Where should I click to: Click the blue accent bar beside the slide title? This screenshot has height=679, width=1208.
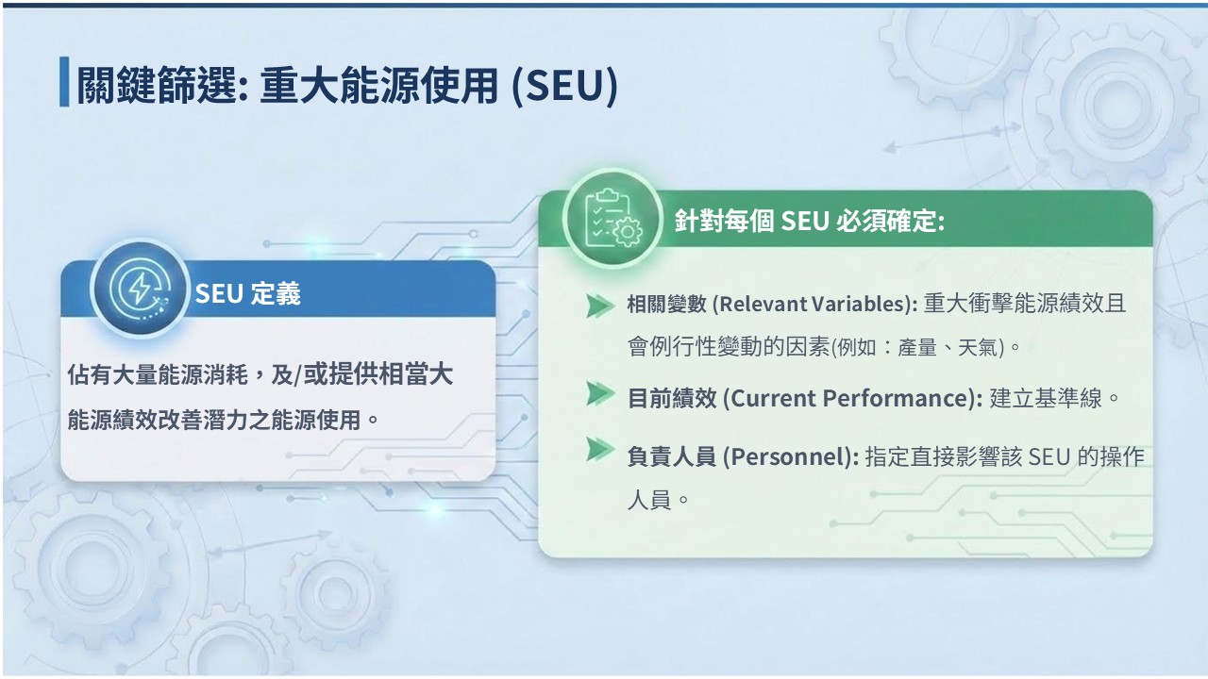click(x=64, y=81)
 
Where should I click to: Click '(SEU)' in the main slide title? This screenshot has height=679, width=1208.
click(x=564, y=86)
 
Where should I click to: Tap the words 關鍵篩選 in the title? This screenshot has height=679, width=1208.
click(x=157, y=86)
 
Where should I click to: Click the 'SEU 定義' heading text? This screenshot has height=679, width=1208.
click(x=247, y=293)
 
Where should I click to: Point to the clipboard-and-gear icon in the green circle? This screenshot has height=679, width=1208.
click(x=612, y=218)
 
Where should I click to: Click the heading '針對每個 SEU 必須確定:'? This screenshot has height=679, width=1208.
click(x=810, y=221)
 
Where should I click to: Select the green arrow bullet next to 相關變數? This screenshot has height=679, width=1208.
click(x=599, y=306)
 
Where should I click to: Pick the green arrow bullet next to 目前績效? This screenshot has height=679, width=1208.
click(x=599, y=393)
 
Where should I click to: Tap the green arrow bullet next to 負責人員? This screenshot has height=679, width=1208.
click(x=599, y=450)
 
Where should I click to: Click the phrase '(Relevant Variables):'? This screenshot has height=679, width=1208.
click(x=814, y=305)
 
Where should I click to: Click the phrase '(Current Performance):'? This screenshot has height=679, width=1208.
click(x=852, y=399)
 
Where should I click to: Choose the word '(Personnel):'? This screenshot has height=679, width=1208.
click(x=791, y=457)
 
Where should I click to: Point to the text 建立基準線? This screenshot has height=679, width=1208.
click(x=1045, y=399)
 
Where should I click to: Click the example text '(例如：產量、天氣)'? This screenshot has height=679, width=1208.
click(x=918, y=348)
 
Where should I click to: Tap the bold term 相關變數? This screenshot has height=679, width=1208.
click(x=666, y=305)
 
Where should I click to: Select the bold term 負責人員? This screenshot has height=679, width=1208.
click(x=671, y=457)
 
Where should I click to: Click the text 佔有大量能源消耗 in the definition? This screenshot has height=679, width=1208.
click(x=158, y=375)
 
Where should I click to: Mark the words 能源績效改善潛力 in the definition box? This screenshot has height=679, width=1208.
click(x=158, y=421)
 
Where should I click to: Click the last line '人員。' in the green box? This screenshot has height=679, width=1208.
click(x=658, y=500)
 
